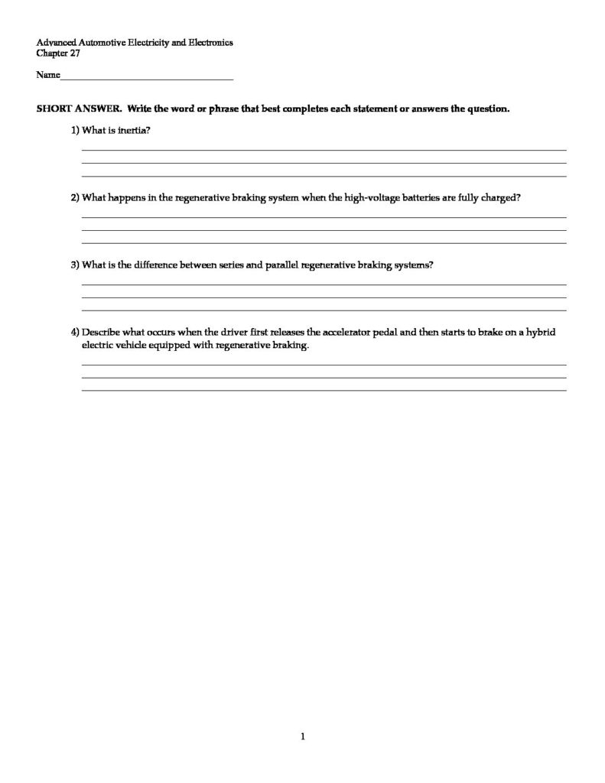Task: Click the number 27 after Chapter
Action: click(75, 54)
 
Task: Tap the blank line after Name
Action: click(146, 77)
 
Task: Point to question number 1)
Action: click(75, 130)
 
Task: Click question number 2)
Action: click(75, 197)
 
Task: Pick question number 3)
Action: click(75, 265)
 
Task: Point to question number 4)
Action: click(75, 333)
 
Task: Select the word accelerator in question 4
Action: click(344, 333)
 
